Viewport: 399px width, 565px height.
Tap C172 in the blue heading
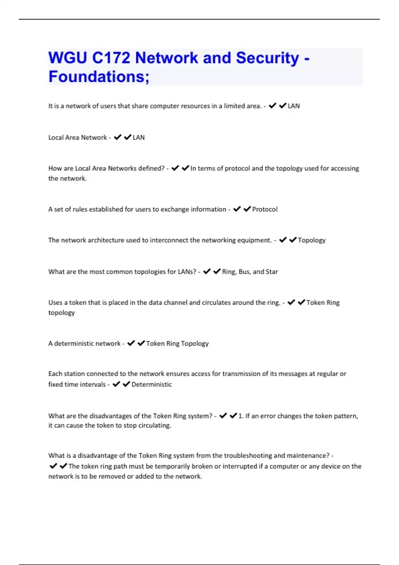point(111,58)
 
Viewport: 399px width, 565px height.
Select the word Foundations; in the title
point(99,77)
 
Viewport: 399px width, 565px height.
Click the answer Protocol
point(265,209)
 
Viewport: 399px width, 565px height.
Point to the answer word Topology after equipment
point(312,240)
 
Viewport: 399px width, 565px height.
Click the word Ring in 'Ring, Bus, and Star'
point(229,272)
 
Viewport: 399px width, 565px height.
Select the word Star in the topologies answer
point(272,272)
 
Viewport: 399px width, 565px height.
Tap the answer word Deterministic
point(152,385)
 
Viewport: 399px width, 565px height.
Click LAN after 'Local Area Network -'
point(139,138)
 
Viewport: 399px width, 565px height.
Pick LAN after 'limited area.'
point(294,106)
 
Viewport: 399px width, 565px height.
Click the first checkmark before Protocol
point(237,209)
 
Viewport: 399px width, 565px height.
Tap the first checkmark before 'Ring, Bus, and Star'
point(206,272)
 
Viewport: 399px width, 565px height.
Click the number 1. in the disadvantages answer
point(241,416)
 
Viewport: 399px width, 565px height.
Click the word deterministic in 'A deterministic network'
point(70,344)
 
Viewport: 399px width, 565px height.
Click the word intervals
point(93,385)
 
